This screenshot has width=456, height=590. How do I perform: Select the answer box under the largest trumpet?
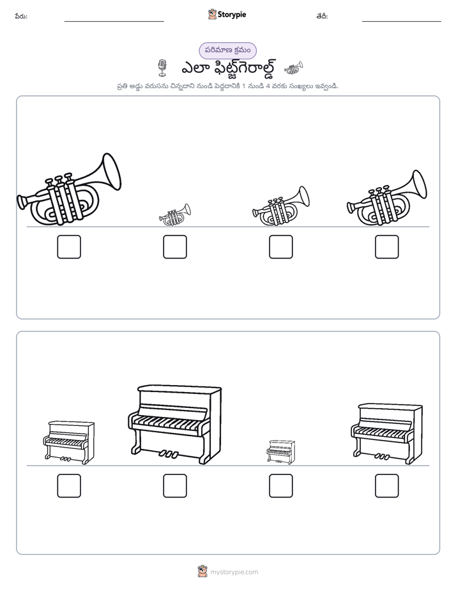(69, 247)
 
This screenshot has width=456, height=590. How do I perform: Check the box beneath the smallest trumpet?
(175, 247)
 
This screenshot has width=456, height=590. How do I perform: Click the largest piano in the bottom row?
(174, 424)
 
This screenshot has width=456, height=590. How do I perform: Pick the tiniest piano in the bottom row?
(280, 452)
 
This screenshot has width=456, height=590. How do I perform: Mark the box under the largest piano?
(175, 486)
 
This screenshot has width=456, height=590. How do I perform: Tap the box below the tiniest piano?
(280, 486)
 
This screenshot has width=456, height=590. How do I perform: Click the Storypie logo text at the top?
(232, 15)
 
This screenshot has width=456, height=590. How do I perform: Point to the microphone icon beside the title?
(162, 68)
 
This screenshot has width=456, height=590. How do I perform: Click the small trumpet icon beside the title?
(294, 68)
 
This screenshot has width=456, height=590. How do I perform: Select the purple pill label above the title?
(227, 50)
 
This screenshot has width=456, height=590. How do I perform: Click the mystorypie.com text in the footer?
(234, 572)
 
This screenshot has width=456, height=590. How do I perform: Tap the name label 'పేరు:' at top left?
(21, 16)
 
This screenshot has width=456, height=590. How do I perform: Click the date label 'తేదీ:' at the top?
(322, 16)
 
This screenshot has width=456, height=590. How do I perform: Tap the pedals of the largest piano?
(168, 454)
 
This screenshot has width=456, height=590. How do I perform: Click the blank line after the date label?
(402, 21)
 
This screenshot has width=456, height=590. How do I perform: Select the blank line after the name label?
(114, 21)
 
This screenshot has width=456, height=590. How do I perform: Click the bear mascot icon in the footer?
(202, 571)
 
